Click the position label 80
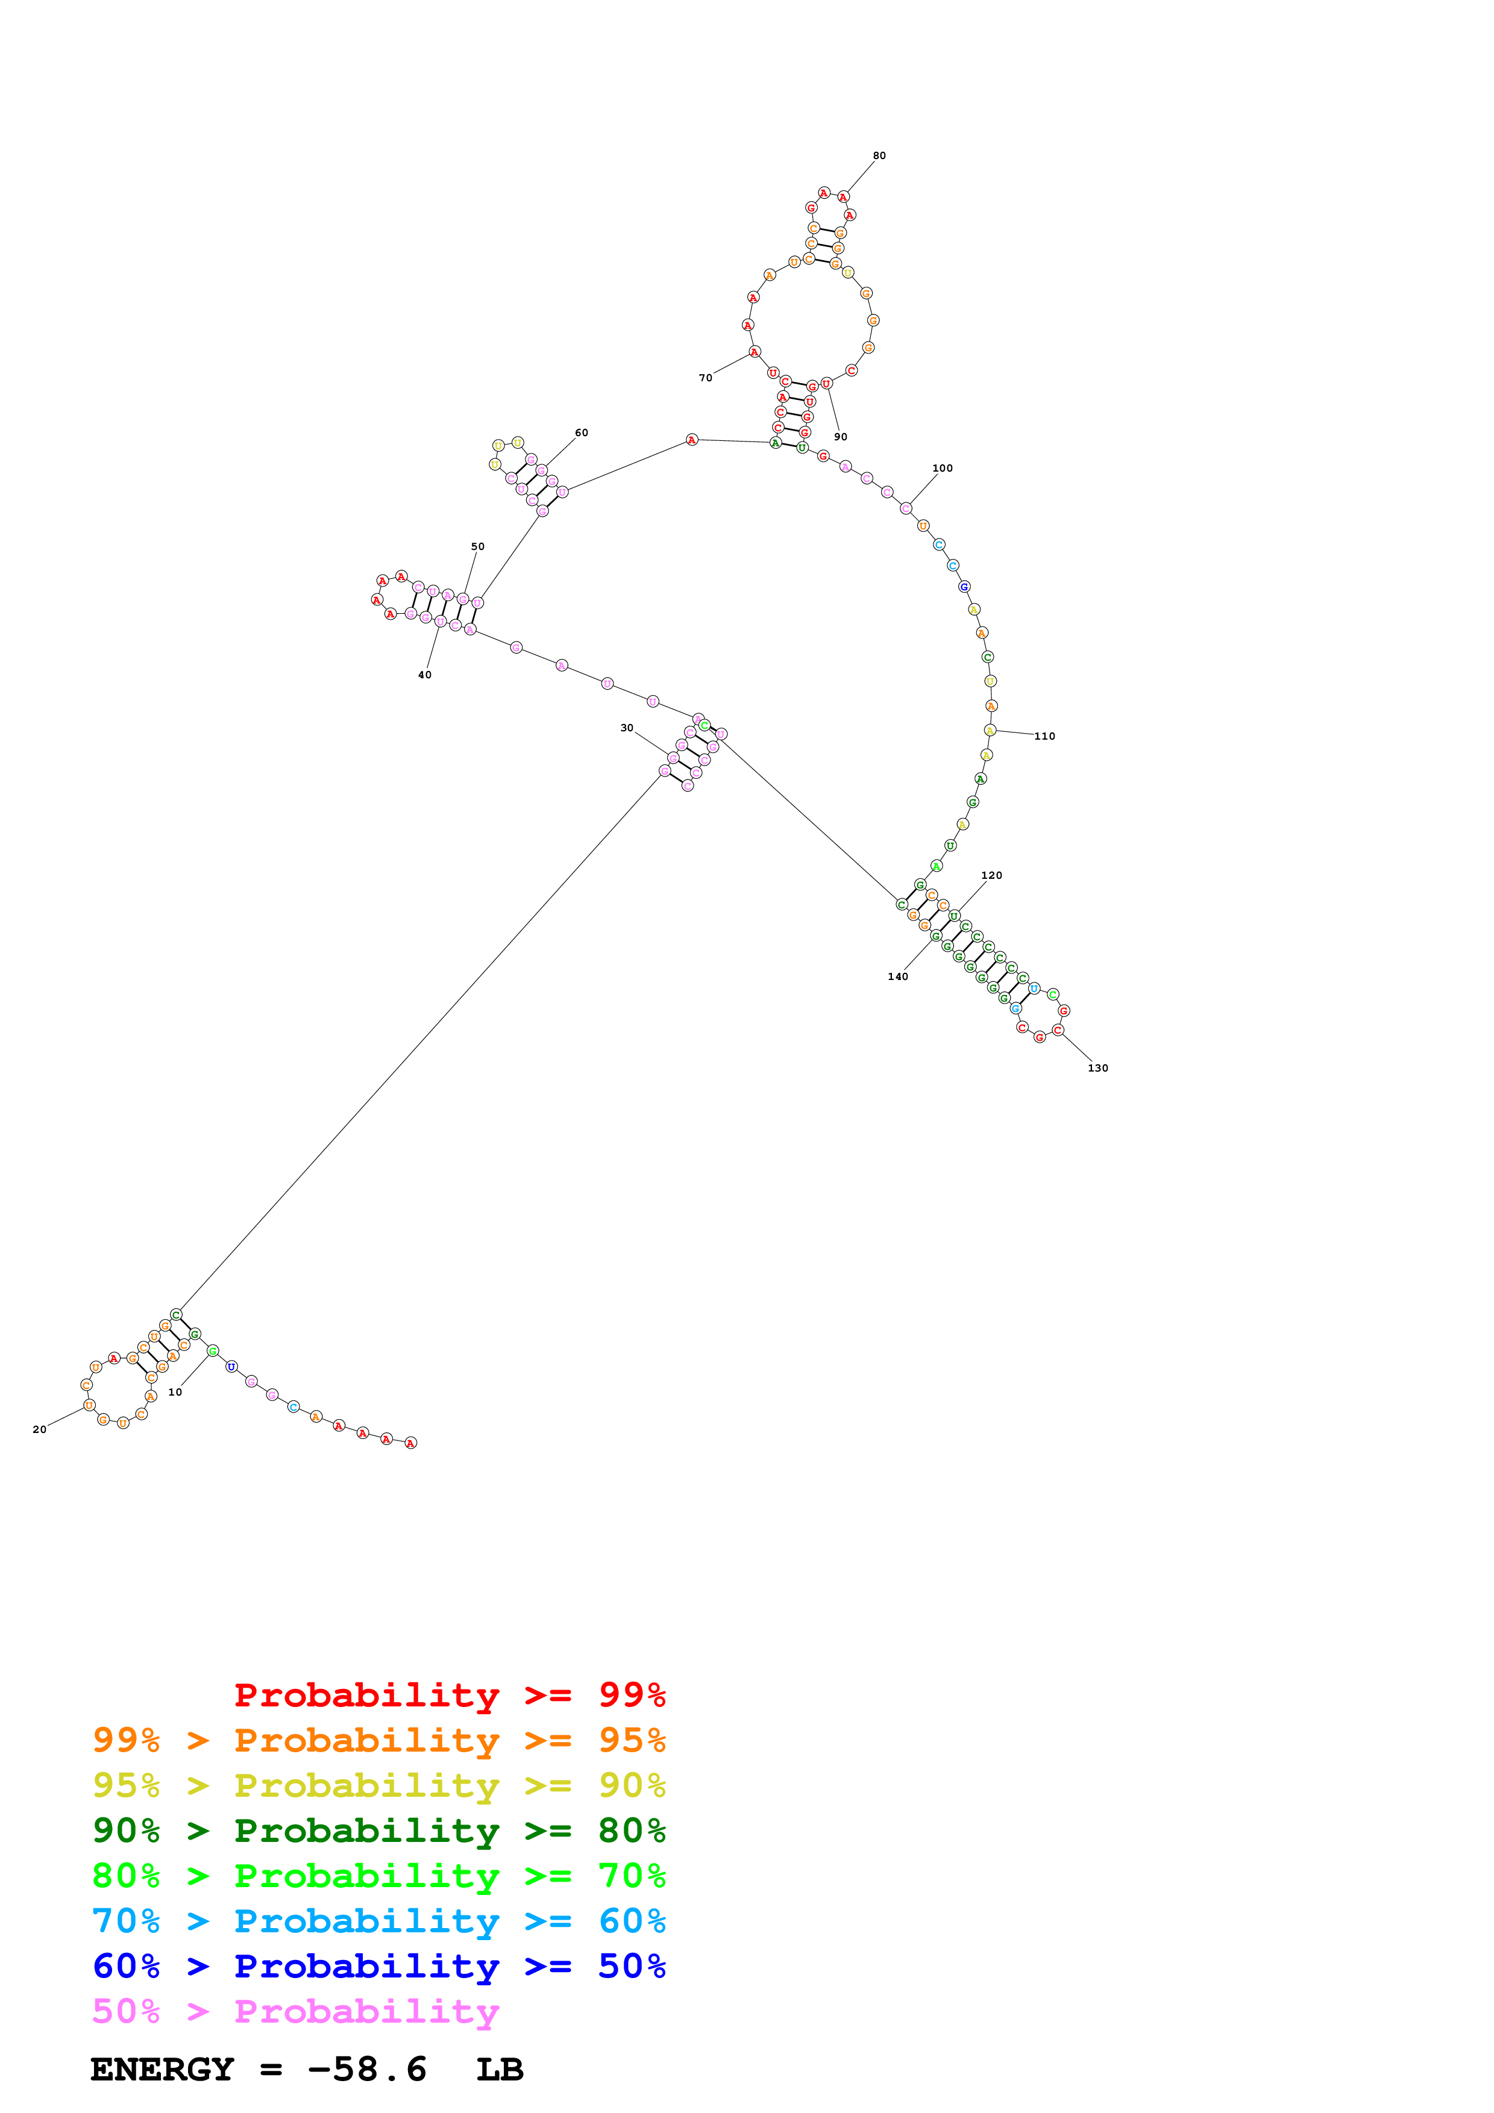pyautogui.click(x=879, y=155)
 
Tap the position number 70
pyautogui.click(x=705, y=377)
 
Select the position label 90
pyautogui.click(x=841, y=436)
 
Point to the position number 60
pyautogui.click(x=581, y=432)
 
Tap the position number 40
pyautogui.click(x=424, y=675)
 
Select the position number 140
pyautogui.click(x=897, y=976)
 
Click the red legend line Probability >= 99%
pyautogui.click(x=449, y=1695)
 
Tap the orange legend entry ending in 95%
pyautogui.click(x=378, y=1740)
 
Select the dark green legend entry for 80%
pyautogui.click(x=378, y=1831)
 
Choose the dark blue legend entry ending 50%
pyautogui.click(x=378, y=1966)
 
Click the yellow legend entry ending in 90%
pyautogui.click(x=378, y=1785)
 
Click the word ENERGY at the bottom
pyautogui.click(x=162, y=2069)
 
